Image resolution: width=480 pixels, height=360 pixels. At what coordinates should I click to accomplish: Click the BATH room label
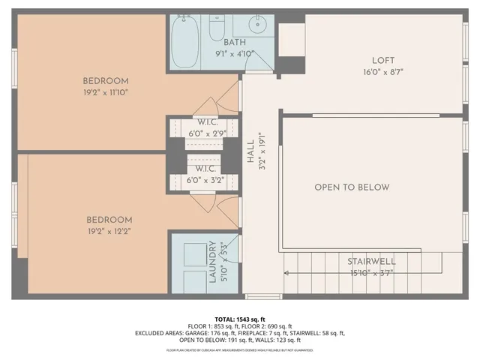(x=235, y=43)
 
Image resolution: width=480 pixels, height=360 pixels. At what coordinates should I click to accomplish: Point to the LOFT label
(x=382, y=61)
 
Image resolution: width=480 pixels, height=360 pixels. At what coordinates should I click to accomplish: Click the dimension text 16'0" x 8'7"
(x=382, y=73)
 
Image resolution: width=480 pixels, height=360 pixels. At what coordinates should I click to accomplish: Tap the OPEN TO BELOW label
(x=352, y=187)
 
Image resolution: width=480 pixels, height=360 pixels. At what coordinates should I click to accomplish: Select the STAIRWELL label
(x=371, y=262)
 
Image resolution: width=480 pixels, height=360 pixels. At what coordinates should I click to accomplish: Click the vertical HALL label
(x=251, y=154)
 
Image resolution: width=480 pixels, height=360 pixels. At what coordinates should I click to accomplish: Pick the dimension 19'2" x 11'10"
(x=106, y=93)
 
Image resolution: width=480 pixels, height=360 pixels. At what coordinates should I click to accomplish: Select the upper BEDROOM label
(x=106, y=81)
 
